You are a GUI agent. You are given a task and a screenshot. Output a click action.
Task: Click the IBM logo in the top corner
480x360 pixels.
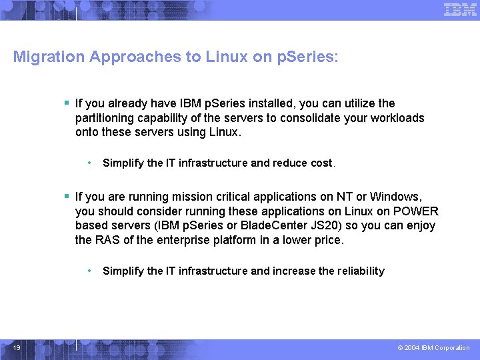click(x=460, y=9)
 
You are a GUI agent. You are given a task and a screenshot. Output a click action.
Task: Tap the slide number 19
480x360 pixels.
click(x=17, y=348)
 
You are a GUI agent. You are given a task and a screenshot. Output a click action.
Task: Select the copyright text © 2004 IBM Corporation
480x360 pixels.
click(x=433, y=348)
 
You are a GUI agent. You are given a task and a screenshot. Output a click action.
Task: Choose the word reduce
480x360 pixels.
click(x=290, y=163)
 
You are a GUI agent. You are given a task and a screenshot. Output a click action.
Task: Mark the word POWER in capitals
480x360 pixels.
click(x=419, y=211)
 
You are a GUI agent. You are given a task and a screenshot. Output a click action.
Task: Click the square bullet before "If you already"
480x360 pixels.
click(x=67, y=103)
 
